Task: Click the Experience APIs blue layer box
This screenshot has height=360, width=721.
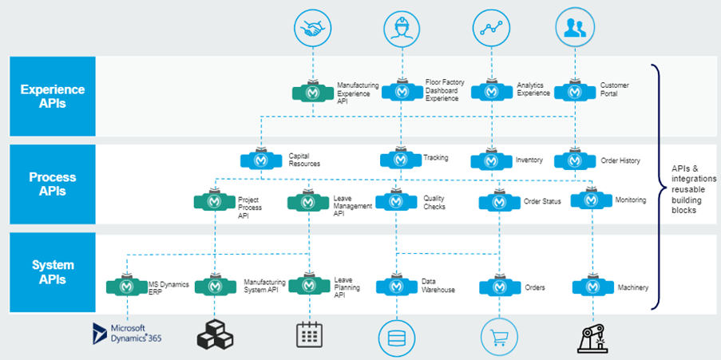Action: pos(53,96)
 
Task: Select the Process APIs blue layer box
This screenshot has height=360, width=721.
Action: pos(53,184)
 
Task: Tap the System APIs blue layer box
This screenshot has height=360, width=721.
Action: pos(53,271)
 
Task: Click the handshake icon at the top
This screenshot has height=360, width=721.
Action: pos(312,29)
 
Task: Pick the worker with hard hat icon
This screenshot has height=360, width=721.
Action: pos(402,29)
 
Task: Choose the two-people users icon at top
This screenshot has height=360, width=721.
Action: pos(575,29)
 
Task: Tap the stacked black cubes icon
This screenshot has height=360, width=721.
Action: pos(215,334)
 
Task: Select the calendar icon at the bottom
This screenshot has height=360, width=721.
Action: pos(309,334)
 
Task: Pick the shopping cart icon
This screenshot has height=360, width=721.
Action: pos(498,334)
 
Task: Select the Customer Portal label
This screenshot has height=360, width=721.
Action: pos(614,89)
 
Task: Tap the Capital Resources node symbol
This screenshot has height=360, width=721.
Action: pos(261,160)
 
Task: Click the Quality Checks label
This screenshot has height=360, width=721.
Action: pos(434,202)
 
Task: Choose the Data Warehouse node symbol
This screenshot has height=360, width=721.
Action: pos(397,285)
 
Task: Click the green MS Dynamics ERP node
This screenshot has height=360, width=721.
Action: pos(126,285)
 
